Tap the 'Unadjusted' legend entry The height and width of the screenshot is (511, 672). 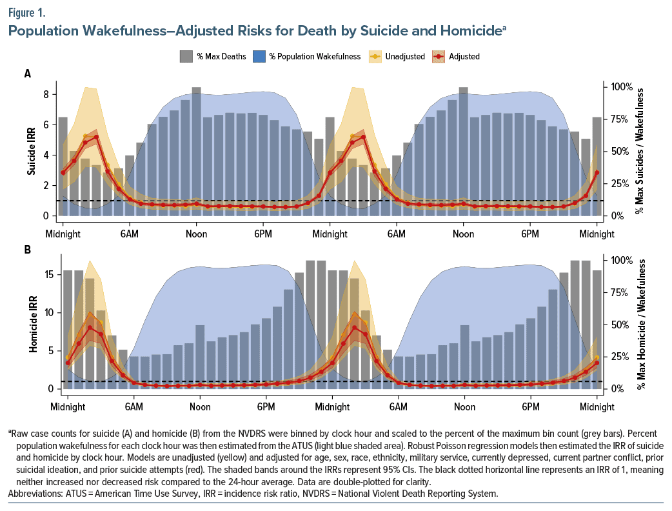pyautogui.click(x=405, y=57)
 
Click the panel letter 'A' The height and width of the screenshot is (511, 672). pyautogui.click(x=28, y=74)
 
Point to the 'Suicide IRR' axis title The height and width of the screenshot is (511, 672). pyautogui.click(x=30, y=155)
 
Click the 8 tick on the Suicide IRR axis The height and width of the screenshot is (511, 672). pyautogui.click(x=46, y=94)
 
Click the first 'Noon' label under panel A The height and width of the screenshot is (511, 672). pyautogui.click(x=196, y=234)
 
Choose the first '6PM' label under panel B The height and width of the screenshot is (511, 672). pyautogui.click(x=266, y=407)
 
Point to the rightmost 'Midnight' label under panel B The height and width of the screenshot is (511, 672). pyautogui.click(x=597, y=407)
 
